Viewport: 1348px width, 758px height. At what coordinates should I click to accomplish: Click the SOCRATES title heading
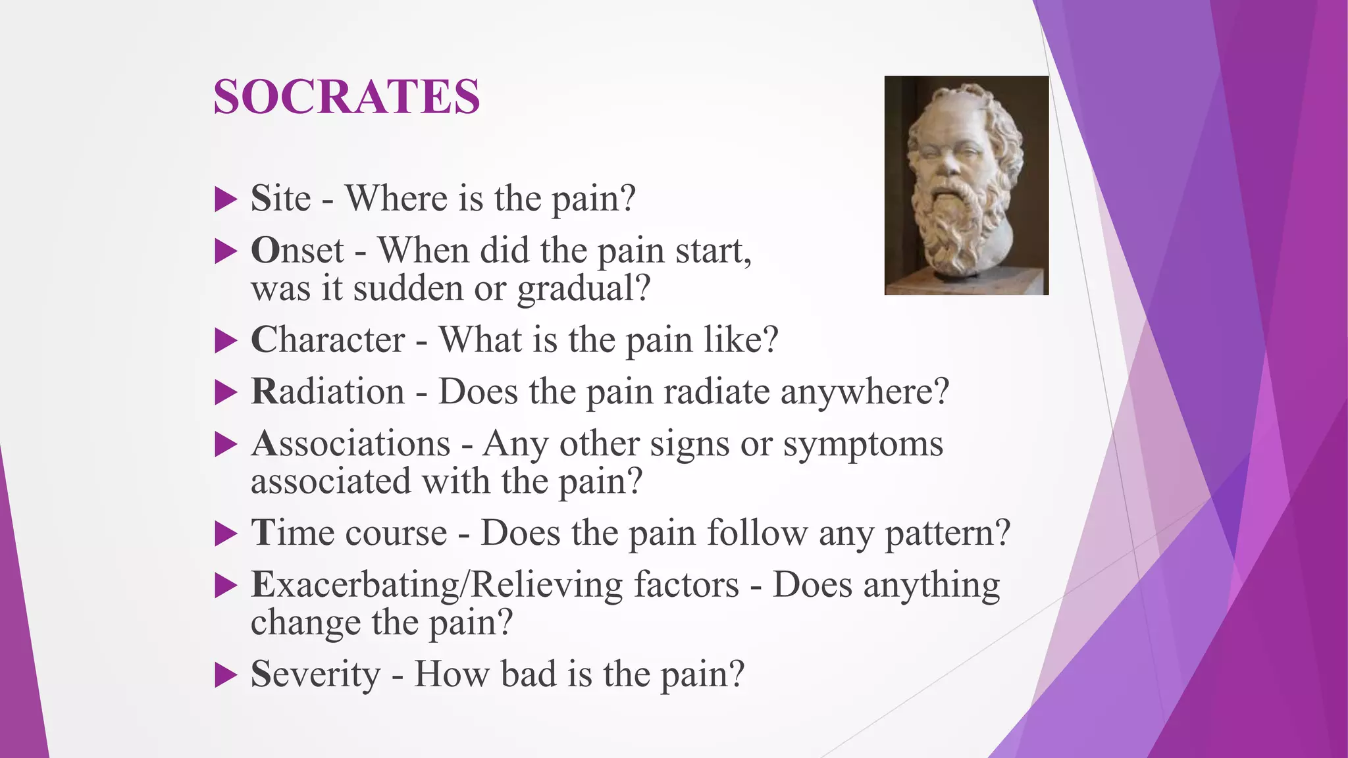pyautogui.click(x=347, y=97)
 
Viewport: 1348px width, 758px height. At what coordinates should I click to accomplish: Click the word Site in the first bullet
pyautogui.click(x=280, y=198)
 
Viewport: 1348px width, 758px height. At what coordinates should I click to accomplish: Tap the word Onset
pyautogui.click(x=298, y=251)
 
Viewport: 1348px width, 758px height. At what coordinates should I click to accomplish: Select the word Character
pyautogui.click(x=328, y=340)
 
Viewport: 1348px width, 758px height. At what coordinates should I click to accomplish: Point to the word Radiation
pyautogui.click(x=328, y=392)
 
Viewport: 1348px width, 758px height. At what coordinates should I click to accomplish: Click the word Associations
pyautogui.click(x=351, y=443)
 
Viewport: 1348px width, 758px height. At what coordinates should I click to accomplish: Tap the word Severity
pyautogui.click(x=315, y=674)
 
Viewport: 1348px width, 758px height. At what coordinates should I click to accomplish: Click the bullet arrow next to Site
pyautogui.click(x=225, y=199)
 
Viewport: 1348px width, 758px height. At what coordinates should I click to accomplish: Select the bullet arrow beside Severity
pyautogui.click(x=225, y=675)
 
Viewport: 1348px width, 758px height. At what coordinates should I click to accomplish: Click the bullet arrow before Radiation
pyautogui.click(x=225, y=393)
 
